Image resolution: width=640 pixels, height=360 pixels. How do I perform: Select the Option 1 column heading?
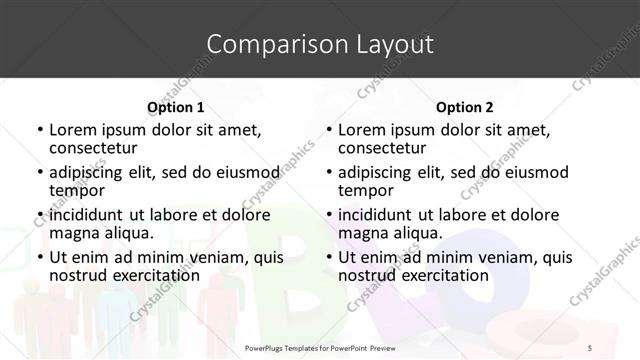point(176,106)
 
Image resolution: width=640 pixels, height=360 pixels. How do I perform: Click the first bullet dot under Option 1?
point(40,130)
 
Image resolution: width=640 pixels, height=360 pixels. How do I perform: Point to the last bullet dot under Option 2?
point(329,257)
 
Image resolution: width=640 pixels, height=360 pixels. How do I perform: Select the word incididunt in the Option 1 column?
point(86,215)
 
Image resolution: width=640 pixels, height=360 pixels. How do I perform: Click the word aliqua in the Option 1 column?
point(128,233)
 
